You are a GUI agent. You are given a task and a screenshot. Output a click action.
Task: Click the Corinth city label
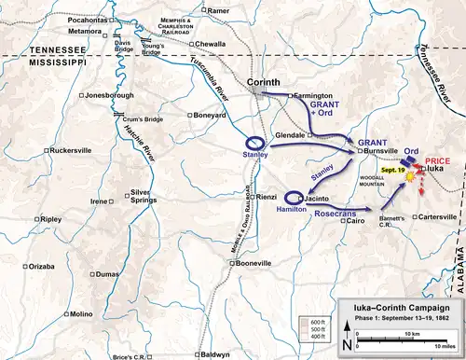click(x=267, y=83)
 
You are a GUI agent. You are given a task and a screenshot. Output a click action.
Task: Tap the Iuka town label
click(x=433, y=169)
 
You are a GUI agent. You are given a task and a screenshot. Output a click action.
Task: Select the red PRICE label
click(x=437, y=159)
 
